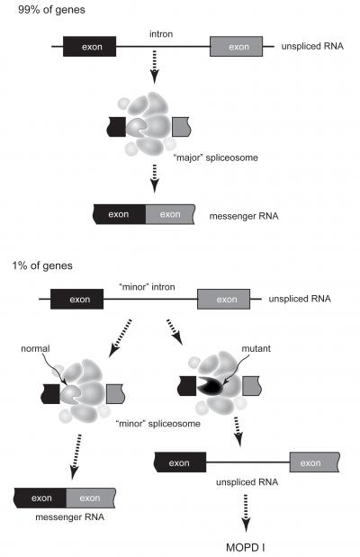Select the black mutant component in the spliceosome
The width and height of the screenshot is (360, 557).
(210, 386)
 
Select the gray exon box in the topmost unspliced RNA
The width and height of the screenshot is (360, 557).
(237, 46)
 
